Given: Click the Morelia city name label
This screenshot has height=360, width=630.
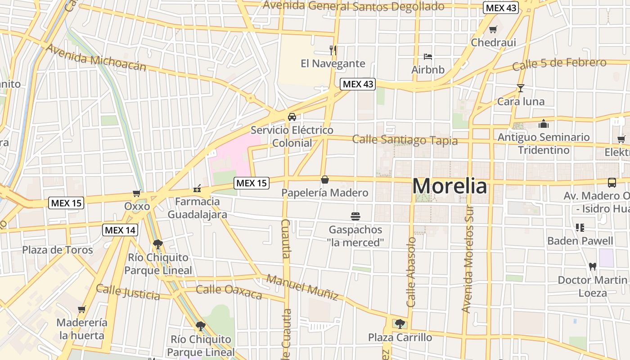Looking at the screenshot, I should coord(450,186).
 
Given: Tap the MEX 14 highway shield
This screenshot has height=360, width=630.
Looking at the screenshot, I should coord(120,230).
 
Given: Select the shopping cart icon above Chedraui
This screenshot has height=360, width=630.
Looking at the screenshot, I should coord(493,30).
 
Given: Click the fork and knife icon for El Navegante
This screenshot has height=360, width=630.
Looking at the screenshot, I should coord(333,50).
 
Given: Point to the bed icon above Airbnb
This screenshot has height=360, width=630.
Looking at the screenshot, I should coord(428,57).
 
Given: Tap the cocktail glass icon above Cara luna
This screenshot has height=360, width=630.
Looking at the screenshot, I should coord(521,88).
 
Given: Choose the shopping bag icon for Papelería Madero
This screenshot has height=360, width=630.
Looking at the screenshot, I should coord(324,180).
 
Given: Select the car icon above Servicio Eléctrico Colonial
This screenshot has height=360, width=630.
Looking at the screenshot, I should coord(292,117).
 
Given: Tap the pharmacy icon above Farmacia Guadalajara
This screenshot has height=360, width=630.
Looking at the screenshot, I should coord(197,188).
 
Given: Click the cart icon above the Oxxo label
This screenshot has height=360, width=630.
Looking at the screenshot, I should coord(137,193).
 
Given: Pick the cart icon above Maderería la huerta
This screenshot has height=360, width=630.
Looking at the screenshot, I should coord(82,309).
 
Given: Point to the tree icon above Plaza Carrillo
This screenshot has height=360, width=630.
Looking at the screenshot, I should coord(400,324).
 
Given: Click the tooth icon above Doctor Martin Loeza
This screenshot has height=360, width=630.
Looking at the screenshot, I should coord(592,266).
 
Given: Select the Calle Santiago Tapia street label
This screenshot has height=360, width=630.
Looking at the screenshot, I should coord(405,140).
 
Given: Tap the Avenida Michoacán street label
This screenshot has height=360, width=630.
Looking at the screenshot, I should coord(96,58).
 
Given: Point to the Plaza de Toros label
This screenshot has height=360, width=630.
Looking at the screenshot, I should coord(58,250).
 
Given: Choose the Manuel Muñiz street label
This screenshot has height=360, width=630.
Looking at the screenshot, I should coord(302,287).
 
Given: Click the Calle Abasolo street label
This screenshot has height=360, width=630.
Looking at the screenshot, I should coord(411,272).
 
